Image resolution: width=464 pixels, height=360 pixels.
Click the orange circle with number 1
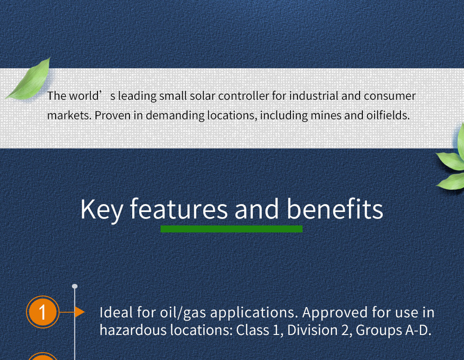[x=43, y=312]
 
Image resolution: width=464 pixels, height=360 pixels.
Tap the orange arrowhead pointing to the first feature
[x=79, y=312]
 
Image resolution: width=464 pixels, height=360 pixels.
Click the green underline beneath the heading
[x=232, y=229]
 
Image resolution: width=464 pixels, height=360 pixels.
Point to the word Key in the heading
[x=102, y=210]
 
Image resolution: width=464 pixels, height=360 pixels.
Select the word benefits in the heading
[x=335, y=209]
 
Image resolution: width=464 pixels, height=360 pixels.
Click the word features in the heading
[x=179, y=209]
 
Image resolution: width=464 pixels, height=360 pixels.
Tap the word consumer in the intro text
[x=390, y=96]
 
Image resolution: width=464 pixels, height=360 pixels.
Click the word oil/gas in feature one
[x=183, y=312]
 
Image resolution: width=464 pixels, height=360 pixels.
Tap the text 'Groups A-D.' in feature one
[x=393, y=330]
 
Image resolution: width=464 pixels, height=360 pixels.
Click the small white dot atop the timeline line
[x=75, y=286]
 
